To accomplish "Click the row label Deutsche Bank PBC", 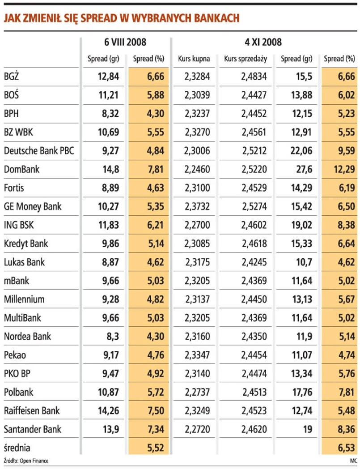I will pos(39,151).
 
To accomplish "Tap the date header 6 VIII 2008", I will pos(125,42).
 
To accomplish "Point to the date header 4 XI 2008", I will pos(263,42).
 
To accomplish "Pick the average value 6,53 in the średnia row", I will pos(346,448).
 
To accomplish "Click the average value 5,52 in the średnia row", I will pos(155,448).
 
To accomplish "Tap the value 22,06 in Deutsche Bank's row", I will pos(301,151).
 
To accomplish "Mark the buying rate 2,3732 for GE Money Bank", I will pos(197,207).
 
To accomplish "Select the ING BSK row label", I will pos(19,225).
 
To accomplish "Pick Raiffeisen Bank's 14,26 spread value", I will pos(108,410).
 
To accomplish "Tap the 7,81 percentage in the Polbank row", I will pos(346,392).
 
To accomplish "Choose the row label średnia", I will pos(18,448).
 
